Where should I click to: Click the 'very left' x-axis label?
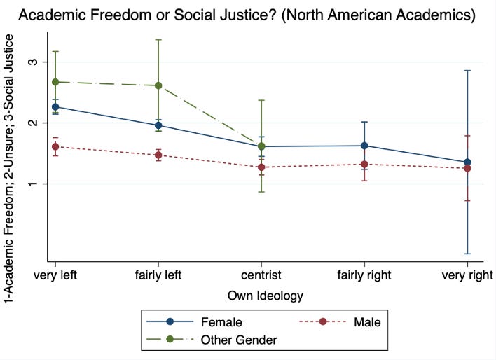[55, 275]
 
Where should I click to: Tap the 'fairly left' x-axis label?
[158, 275]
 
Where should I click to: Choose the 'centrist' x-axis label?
[261, 275]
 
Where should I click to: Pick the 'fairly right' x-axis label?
[364, 275]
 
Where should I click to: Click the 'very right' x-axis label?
[467, 275]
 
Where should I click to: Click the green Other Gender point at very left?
[55, 82]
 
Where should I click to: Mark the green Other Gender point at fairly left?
[158, 85]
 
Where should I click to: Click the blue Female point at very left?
[55, 107]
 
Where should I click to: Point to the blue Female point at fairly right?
[364, 146]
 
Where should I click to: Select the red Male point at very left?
[55, 146]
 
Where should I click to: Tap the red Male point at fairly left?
[158, 155]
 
